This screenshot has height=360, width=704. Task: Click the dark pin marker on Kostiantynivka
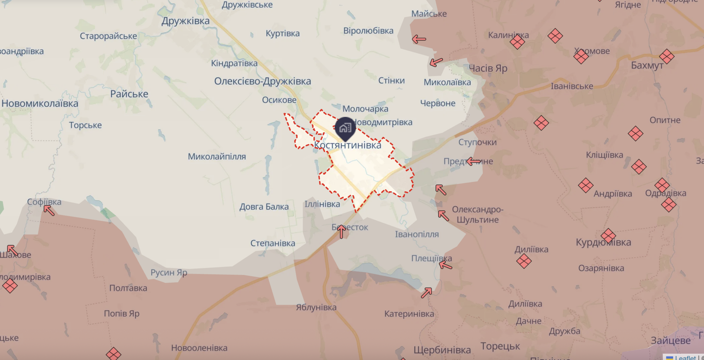(345, 128)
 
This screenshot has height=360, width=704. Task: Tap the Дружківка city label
(186, 21)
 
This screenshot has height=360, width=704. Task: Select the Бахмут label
(647, 65)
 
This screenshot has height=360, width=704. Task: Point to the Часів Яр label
(488, 68)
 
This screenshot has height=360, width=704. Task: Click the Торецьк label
(500, 346)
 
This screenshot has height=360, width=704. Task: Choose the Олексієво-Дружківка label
(263, 81)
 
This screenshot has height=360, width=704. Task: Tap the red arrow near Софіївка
(49, 210)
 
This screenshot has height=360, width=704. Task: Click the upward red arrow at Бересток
(341, 232)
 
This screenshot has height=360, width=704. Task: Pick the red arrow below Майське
(419, 39)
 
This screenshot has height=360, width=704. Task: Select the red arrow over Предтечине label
(473, 162)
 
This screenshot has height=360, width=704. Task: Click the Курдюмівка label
(603, 242)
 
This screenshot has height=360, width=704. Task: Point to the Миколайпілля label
(217, 157)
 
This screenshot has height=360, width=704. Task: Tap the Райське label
(129, 94)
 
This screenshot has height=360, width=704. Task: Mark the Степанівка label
(273, 243)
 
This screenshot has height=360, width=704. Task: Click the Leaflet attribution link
(685, 357)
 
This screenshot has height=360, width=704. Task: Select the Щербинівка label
(442, 350)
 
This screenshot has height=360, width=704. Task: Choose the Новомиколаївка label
(40, 103)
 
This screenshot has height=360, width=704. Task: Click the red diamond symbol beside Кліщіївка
(639, 167)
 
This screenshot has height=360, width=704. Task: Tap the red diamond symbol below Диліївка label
(524, 261)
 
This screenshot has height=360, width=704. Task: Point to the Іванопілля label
(417, 234)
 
